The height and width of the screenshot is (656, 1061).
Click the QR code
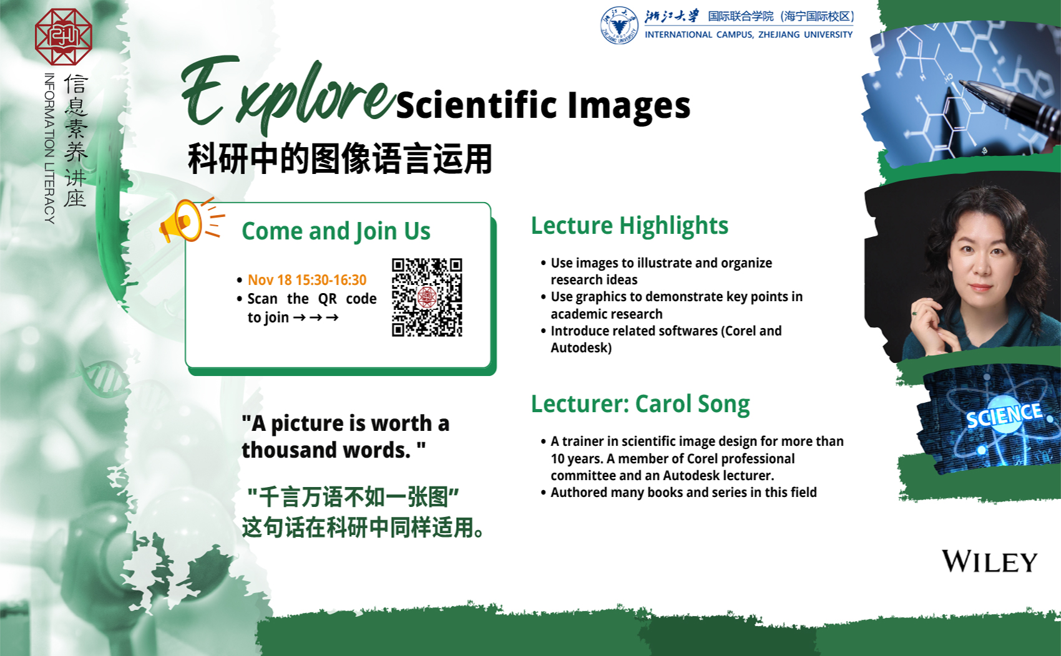tap(427, 297)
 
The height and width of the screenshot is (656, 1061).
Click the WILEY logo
tap(989, 561)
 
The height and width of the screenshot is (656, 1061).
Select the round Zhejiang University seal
tap(619, 26)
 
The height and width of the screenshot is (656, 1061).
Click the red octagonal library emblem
tap(64, 37)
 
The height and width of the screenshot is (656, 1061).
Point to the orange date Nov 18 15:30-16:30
tap(307, 280)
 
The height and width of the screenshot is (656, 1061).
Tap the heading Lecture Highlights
tap(630, 225)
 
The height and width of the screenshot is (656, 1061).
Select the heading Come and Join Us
tap(336, 231)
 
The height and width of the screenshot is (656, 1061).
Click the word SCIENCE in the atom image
tap(1004, 415)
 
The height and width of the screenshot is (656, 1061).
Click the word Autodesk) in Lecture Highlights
tap(581, 348)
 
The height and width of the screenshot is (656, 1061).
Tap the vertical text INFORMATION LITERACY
tap(49, 148)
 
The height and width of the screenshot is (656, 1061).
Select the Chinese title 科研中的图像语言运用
tap(340, 159)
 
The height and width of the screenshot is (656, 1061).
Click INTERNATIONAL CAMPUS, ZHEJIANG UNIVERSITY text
tap(748, 34)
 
